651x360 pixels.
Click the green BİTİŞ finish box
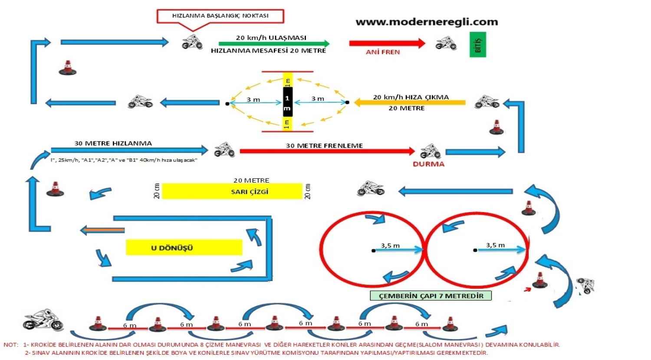pyautogui.click(x=478, y=44)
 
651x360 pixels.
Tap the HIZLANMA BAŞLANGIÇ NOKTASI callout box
pyautogui.click(x=220, y=16)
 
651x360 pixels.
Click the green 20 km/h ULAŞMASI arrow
pyautogui.click(x=274, y=43)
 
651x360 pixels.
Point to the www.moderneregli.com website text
pyautogui.click(x=427, y=22)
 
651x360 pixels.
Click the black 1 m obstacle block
pyautogui.click(x=287, y=102)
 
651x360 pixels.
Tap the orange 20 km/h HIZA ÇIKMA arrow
pyautogui.click(x=410, y=103)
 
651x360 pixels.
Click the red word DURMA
pyautogui.click(x=428, y=164)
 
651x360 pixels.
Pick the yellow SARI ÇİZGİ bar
pyautogui.click(x=232, y=191)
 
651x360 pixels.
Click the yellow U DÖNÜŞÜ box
pyautogui.click(x=184, y=247)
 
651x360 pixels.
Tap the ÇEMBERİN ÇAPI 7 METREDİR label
pyautogui.click(x=431, y=296)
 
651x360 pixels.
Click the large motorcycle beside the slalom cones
pyautogui.click(x=43, y=321)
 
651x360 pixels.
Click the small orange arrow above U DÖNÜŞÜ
pyautogui.click(x=102, y=230)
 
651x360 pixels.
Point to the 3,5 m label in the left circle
pyautogui.click(x=390, y=245)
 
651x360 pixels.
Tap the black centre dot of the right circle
pyautogui.click(x=475, y=250)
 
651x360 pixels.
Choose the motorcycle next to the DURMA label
pyautogui.click(x=430, y=151)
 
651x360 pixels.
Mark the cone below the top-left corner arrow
pyautogui.click(x=67, y=67)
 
